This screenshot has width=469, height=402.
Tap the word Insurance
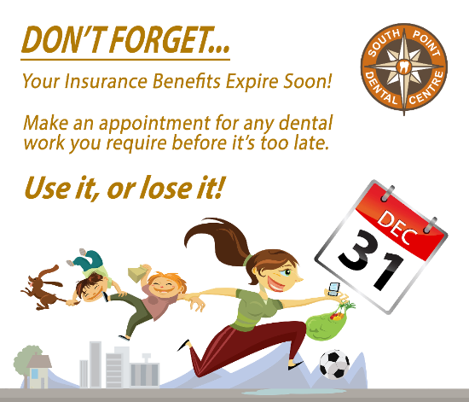(x=106, y=81)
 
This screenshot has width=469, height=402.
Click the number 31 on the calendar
(x=371, y=259)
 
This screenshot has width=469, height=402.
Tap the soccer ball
(x=334, y=364)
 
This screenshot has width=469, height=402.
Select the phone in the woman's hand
(x=333, y=288)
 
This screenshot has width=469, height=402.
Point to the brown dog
(x=42, y=288)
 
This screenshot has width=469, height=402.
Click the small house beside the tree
(x=39, y=371)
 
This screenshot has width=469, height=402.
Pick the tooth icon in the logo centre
(x=403, y=66)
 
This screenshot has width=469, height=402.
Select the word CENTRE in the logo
(x=427, y=89)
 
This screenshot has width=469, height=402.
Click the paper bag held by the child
(x=137, y=273)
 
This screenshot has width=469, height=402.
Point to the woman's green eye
(x=287, y=272)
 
